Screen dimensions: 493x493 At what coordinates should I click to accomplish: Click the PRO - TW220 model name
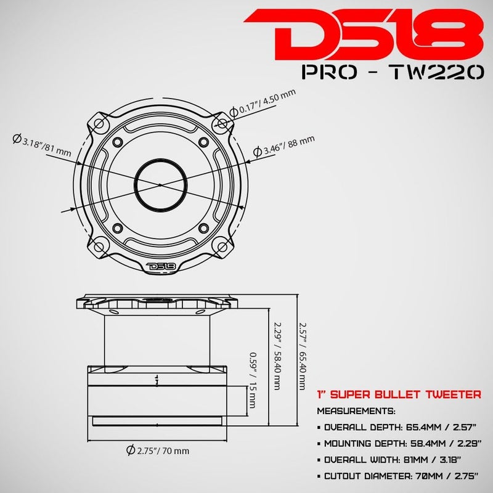click(393, 72)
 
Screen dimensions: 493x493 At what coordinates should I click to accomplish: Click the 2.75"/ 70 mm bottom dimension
click(157, 450)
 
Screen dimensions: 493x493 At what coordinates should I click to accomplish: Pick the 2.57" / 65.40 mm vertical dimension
click(301, 357)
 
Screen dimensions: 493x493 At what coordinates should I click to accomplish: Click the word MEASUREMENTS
click(356, 409)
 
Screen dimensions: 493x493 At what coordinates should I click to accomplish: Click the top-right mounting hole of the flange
click(222, 124)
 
